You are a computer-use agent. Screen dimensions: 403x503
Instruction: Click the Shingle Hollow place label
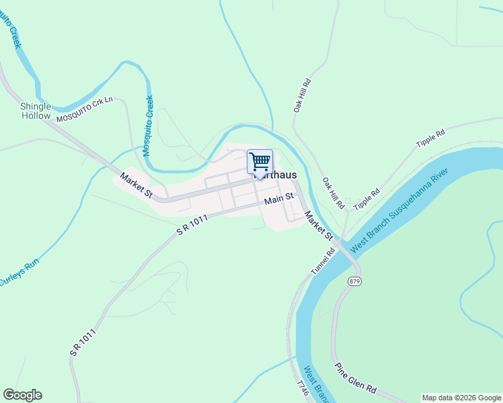click(x=35, y=111)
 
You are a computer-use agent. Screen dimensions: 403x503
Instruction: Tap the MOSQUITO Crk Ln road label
click(x=86, y=109)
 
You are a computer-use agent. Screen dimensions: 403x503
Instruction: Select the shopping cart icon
click(x=260, y=162)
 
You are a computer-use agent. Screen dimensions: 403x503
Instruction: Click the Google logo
click(x=22, y=395)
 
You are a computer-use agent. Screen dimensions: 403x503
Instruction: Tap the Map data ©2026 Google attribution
click(x=461, y=398)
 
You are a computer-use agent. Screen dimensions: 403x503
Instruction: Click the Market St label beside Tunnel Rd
click(x=318, y=226)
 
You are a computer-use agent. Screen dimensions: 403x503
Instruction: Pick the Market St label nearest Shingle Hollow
click(x=136, y=185)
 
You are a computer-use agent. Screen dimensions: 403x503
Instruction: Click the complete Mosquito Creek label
click(x=147, y=126)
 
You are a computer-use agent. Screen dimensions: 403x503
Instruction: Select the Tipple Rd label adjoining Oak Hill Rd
click(x=366, y=199)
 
